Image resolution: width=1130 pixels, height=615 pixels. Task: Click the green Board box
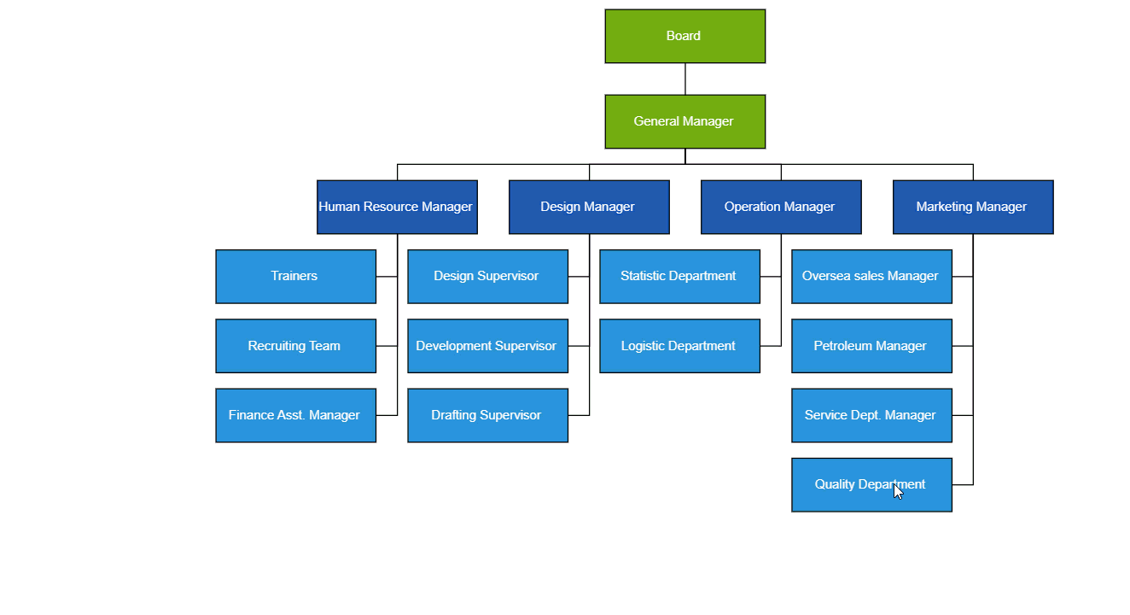[x=684, y=36]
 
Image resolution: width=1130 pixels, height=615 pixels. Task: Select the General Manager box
[x=684, y=121]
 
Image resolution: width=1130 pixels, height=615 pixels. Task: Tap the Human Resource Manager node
[x=397, y=207]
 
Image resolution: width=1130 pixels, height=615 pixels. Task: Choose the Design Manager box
[x=589, y=207]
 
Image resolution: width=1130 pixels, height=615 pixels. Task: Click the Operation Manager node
[x=781, y=207]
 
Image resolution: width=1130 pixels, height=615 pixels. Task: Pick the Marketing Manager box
[x=973, y=207]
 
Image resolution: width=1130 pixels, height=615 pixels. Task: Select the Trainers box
[x=295, y=276]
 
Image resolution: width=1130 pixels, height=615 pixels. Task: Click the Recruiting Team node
[x=295, y=346]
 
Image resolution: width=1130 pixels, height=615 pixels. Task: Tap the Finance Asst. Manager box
[x=295, y=415]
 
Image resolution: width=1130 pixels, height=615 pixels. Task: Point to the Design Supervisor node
[x=487, y=276]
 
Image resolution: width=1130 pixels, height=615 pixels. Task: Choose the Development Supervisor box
[x=487, y=346]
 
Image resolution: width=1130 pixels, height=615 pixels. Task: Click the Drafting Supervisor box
[x=487, y=415]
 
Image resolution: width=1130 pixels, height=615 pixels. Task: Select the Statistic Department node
[x=679, y=276]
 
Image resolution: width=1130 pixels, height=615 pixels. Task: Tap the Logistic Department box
[x=679, y=346]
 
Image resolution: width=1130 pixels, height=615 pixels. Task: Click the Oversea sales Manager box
[x=871, y=276]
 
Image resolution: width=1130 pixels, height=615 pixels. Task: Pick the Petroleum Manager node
[x=871, y=346]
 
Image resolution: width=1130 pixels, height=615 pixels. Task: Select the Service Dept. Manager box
[x=871, y=415]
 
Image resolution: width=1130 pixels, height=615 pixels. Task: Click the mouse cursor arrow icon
[x=899, y=491]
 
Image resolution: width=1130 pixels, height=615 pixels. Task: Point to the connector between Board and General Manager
[x=685, y=79]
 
